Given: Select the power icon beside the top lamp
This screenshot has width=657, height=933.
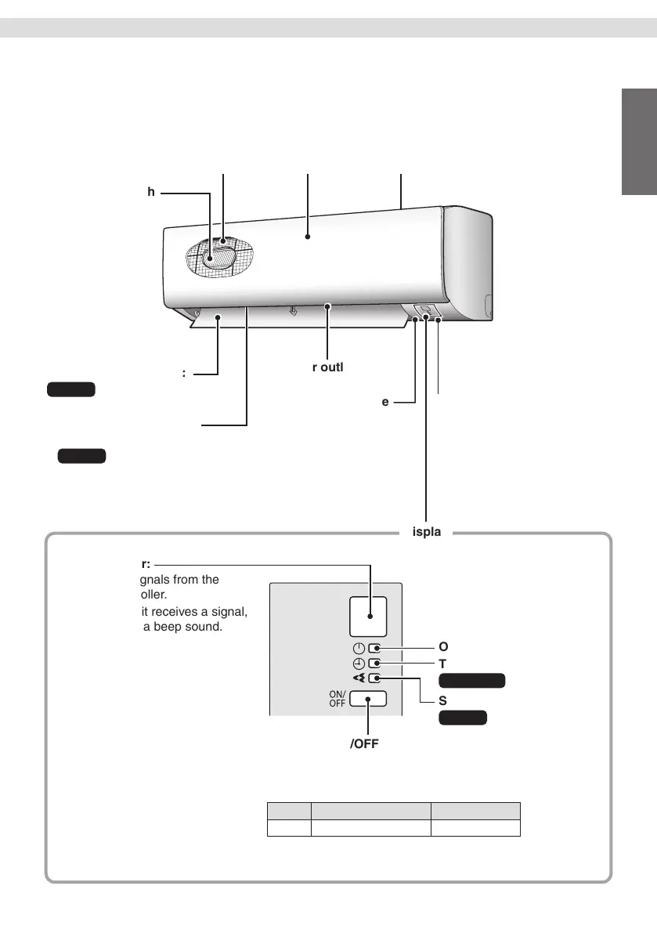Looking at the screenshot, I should click(x=358, y=648).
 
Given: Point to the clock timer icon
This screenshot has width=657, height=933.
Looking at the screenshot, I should click(x=358, y=664).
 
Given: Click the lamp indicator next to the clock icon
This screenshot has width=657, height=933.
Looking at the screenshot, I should click(x=375, y=664).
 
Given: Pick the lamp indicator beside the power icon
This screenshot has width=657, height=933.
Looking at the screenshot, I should click(x=375, y=648).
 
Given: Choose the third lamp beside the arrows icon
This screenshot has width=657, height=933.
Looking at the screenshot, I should click(x=375, y=679).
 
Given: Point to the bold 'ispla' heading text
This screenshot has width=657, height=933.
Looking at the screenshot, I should click(x=427, y=533).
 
